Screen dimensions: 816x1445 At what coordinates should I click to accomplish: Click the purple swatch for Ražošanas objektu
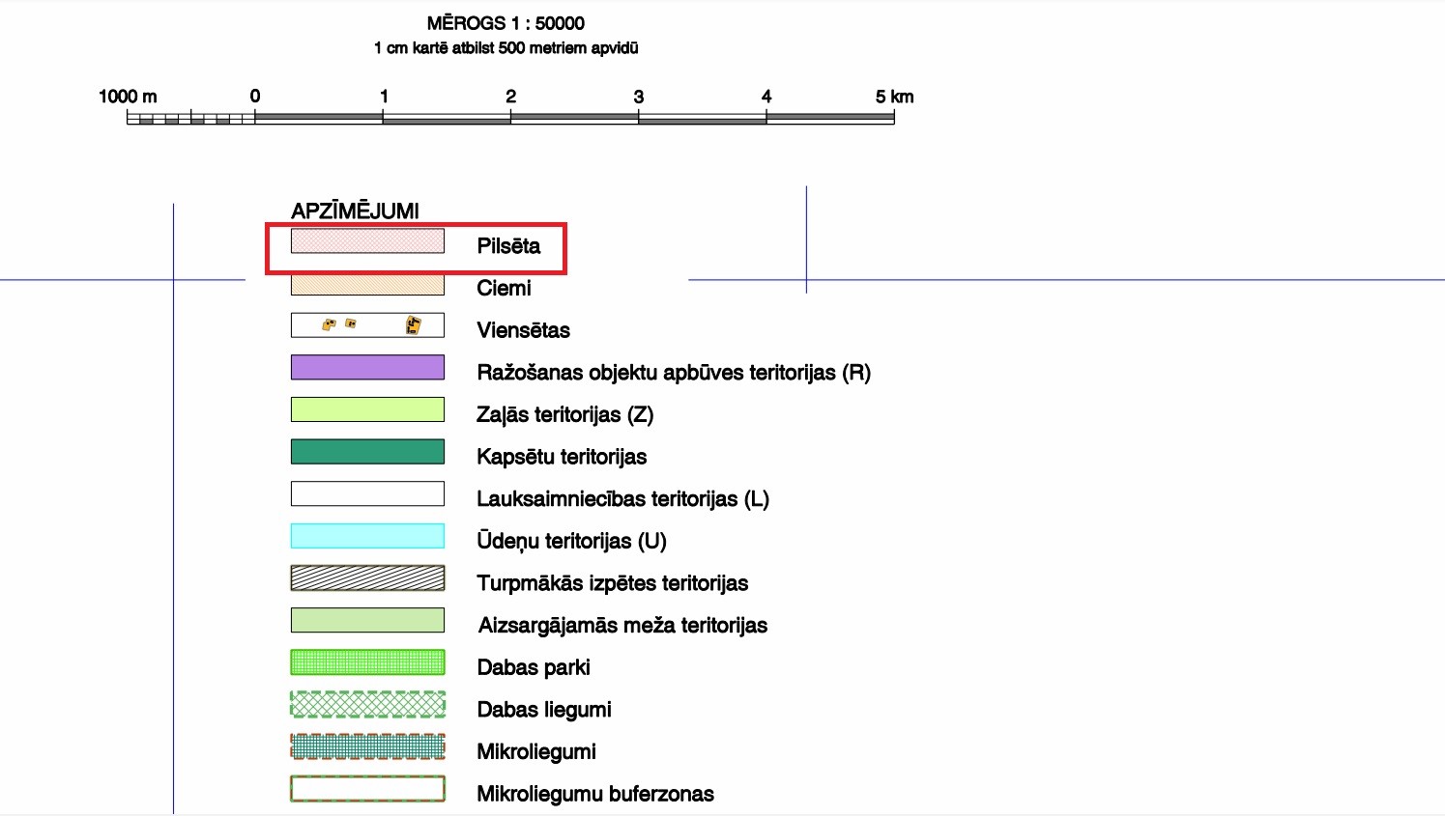coord(367,367)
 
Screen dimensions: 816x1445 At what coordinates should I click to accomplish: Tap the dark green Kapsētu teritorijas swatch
coord(367,452)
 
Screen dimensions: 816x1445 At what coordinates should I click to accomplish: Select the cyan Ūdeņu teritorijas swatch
coord(367,536)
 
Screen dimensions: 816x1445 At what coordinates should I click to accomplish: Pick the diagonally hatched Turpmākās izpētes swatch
coord(367,578)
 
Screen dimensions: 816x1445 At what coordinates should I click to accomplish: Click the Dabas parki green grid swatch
coord(367,662)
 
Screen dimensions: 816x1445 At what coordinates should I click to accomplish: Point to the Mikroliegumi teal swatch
coord(367,746)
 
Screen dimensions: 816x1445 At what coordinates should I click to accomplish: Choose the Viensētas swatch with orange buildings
coord(367,325)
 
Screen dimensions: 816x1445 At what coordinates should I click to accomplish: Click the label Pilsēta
coord(508,246)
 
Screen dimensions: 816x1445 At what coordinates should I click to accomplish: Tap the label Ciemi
coord(504,288)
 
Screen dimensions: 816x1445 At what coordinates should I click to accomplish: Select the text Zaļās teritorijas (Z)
coord(564,415)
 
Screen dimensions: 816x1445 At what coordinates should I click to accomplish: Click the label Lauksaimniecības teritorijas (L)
coord(622,499)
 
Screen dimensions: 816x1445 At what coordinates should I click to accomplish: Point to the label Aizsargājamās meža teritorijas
coord(622,626)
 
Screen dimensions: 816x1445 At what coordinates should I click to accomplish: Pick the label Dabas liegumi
coord(544,710)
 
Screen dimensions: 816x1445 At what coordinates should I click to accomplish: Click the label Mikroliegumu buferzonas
coord(595,794)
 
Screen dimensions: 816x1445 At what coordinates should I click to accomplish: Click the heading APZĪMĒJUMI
coord(355,211)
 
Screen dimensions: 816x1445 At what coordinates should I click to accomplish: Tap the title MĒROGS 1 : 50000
coord(506,23)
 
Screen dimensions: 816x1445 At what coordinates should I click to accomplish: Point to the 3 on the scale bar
coord(638,97)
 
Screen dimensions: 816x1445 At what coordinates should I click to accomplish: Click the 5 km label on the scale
coord(894,97)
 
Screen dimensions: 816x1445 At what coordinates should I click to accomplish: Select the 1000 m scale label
coord(128,97)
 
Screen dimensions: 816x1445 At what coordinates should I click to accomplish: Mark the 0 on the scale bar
coord(255,97)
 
